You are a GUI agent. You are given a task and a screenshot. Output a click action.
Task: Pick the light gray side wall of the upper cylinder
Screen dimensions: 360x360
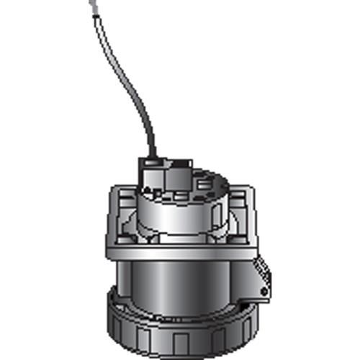click(184, 216)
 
